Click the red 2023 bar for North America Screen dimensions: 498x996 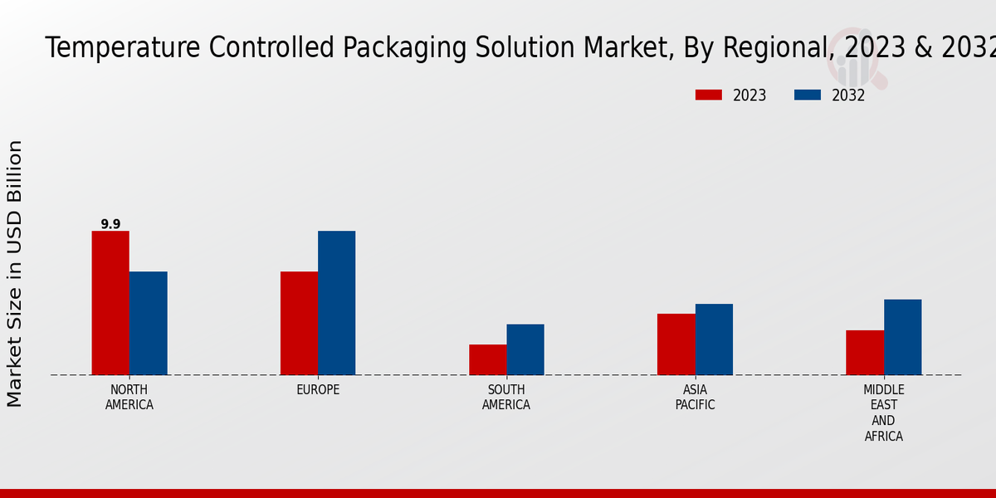click(110, 303)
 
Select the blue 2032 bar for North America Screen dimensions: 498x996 click(148, 323)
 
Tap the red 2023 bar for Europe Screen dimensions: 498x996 click(299, 323)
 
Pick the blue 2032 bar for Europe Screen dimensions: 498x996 click(336, 303)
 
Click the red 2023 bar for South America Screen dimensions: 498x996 click(487, 359)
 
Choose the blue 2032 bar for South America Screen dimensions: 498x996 click(525, 349)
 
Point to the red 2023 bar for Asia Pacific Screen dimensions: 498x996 click(676, 344)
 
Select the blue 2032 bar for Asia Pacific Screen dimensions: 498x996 click(714, 339)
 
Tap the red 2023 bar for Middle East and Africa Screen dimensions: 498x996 click(864, 353)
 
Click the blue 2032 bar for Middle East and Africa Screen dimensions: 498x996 click(902, 337)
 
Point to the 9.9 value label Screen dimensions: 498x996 click(110, 224)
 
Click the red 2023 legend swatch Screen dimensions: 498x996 click(708, 95)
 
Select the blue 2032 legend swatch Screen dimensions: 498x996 click(807, 95)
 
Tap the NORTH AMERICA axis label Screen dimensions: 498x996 click(129, 398)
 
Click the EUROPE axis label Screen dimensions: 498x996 click(318, 390)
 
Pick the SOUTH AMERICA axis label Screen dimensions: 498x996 click(506, 398)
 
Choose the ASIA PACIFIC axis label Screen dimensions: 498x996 click(695, 398)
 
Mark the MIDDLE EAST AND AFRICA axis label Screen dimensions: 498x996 click(883, 413)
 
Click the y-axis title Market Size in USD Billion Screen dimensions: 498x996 click(15, 274)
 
